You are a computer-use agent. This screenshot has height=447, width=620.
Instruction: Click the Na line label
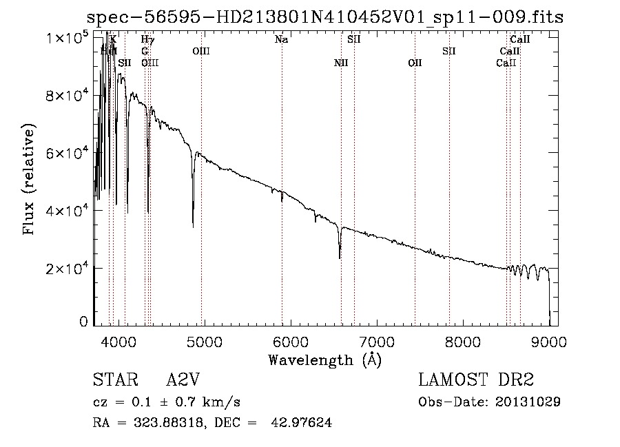pyautogui.click(x=281, y=40)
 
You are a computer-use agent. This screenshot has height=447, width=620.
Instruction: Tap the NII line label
pyautogui.click(x=341, y=63)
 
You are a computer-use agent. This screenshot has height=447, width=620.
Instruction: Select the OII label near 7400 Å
pyautogui.click(x=415, y=63)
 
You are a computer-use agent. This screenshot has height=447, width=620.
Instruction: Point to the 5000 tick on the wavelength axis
pyautogui.click(x=204, y=341)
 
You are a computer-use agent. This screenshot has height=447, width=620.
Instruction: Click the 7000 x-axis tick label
pyautogui.click(x=377, y=341)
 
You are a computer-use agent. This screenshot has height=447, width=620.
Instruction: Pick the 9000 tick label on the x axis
pyautogui.click(x=549, y=341)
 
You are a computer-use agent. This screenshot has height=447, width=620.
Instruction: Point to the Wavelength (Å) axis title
pyautogui.click(x=324, y=360)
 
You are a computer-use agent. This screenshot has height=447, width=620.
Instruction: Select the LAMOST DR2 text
pyautogui.click(x=476, y=381)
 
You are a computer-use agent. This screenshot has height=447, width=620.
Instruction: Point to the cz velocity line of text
pyautogui.click(x=166, y=402)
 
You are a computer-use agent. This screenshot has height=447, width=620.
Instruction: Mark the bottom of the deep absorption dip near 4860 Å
pyautogui.click(x=193, y=226)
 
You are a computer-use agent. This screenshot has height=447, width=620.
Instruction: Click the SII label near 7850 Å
pyautogui.click(x=449, y=51)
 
